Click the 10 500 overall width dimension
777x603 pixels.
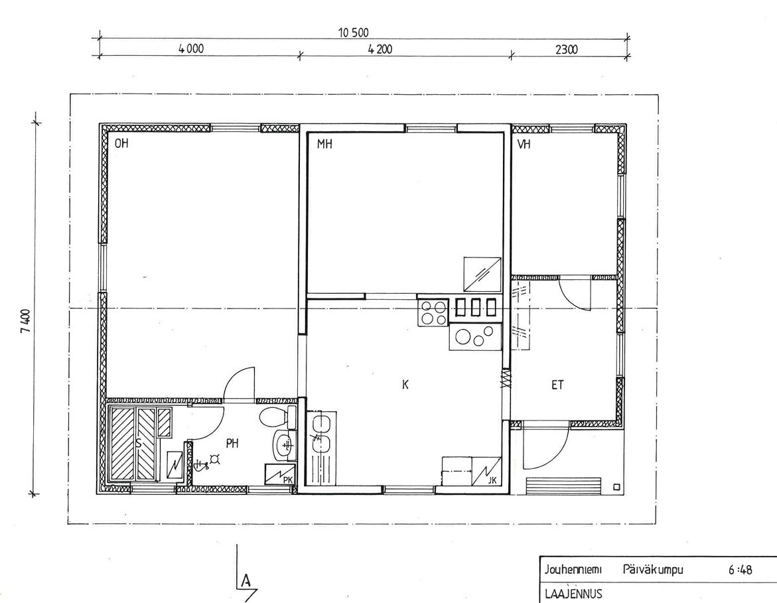[353, 33]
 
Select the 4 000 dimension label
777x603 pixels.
[191, 49]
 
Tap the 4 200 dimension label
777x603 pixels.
[380, 50]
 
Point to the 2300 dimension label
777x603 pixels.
[567, 50]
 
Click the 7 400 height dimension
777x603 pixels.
[25, 322]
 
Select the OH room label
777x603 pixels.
[121, 144]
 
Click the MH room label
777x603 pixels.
[324, 144]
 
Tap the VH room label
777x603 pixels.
[524, 144]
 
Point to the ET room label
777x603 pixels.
[557, 385]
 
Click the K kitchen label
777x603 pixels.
[405, 385]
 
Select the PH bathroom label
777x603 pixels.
[232, 443]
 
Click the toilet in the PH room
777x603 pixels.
[278, 417]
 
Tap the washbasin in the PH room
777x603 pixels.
[285, 445]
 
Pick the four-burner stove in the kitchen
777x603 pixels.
[433, 312]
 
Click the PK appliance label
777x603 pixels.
[288, 480]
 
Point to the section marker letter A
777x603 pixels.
[246, 580]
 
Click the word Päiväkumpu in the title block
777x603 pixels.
[653, 570]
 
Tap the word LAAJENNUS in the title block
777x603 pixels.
[573, 593]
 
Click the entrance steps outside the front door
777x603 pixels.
[563, 486]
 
